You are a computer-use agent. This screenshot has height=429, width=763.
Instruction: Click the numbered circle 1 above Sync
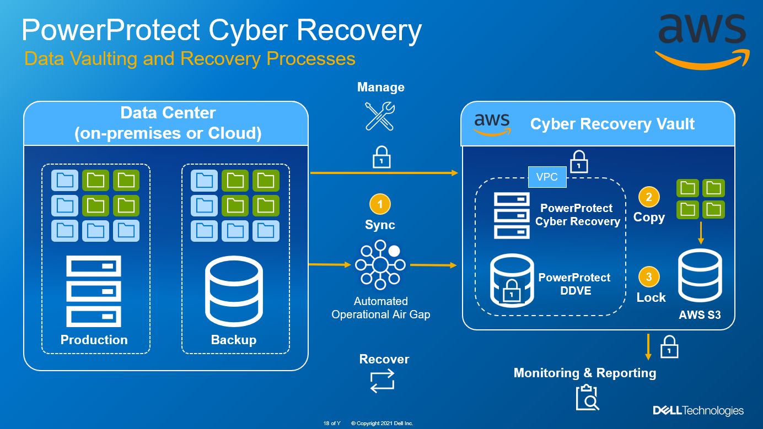click(380, 205)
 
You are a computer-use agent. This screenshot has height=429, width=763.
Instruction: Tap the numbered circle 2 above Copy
click(649, 197)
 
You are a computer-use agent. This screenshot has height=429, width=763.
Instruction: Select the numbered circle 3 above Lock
click(649, 277)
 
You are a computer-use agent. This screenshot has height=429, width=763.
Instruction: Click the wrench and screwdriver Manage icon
click(380, 116)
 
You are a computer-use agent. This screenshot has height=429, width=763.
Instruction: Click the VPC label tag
click(547, 177)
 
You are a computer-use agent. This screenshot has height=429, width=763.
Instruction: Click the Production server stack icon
click(94, 291)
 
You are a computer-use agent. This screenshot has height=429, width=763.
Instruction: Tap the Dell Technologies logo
click(698, 411)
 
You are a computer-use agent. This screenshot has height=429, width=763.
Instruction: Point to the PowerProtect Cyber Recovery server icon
click(512, 215)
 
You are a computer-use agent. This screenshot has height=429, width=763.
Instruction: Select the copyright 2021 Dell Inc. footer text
click(382, 423)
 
